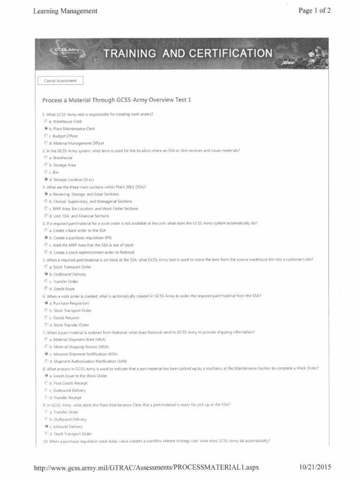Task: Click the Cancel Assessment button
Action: pos(60,81)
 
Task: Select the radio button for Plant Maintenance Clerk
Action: pos(45,128)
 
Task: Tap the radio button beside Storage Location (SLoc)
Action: pos(45,179)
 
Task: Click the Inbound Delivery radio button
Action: pos(45,427)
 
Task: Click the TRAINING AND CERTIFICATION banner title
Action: pos(187,53)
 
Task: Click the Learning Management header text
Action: pos(65,11)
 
